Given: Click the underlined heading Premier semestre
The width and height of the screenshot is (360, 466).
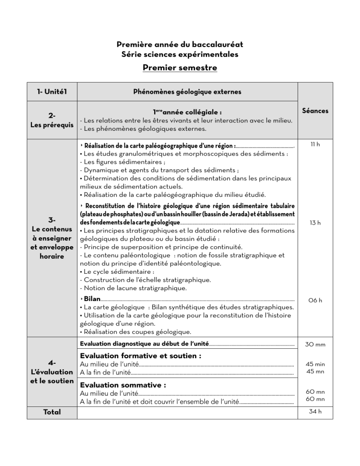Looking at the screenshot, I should [180, 68].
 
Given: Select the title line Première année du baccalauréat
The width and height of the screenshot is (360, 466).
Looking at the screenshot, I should [180, 45].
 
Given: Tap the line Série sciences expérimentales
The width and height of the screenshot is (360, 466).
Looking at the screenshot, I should [180, 54].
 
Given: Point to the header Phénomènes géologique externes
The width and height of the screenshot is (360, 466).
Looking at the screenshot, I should [188, 92].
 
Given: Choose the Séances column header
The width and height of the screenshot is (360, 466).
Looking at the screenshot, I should [315, 111].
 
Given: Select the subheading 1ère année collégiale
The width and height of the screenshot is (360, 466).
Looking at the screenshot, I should [187, 113].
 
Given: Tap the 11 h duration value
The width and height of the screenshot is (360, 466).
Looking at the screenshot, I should [315, 146].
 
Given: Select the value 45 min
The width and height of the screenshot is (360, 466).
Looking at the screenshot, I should [315, 364].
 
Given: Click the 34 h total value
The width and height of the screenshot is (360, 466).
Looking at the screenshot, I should [315, 413].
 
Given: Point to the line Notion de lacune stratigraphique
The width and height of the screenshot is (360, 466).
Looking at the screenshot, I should [134, 287].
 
